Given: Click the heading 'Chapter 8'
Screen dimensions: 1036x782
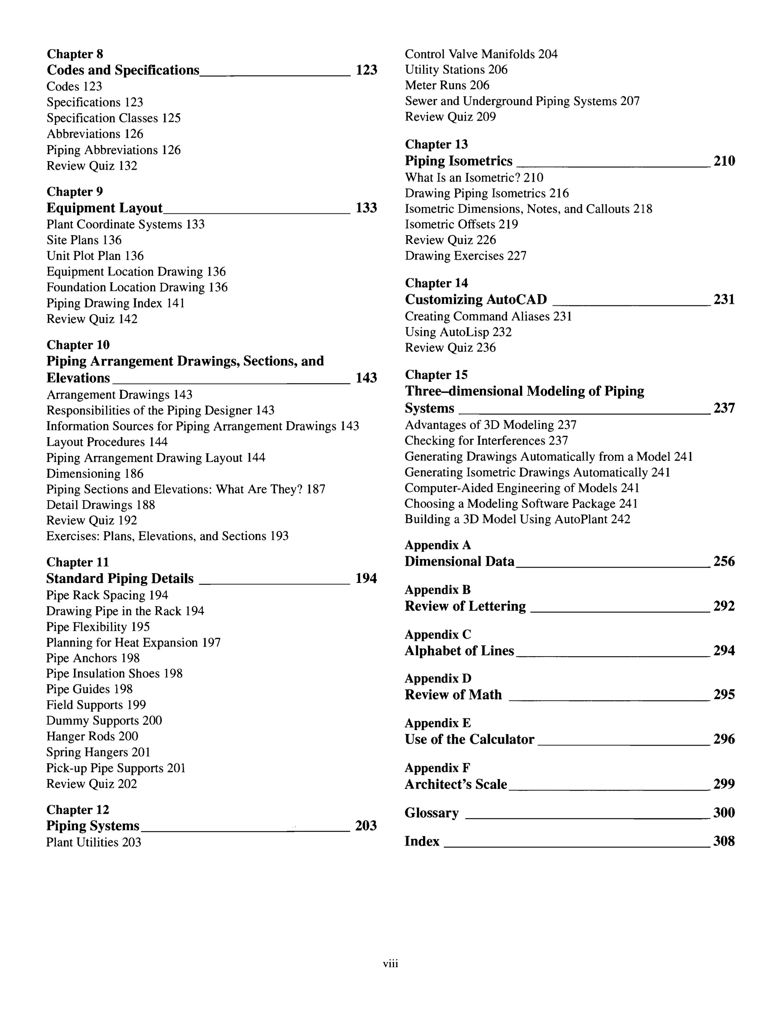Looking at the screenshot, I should [x=75, y=54].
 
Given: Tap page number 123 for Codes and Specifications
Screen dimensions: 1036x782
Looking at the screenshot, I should [x=367, y=70].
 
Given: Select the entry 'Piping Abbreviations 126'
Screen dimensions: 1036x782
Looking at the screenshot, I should [x=113, y=150].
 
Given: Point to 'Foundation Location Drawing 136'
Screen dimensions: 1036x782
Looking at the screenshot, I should [x=137, y=287].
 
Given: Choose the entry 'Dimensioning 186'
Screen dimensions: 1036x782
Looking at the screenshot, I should [x=95, y=473].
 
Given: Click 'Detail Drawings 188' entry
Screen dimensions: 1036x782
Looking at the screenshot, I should [x=100, y=505].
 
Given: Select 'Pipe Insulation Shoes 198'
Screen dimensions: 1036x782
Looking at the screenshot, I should [x=114, y=673].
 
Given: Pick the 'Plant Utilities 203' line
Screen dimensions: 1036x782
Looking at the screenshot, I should [x=94, y=842].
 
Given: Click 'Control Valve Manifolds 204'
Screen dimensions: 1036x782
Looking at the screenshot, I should [x=481, y=54].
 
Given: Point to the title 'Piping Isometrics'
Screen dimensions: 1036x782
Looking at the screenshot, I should [x=458, y=161].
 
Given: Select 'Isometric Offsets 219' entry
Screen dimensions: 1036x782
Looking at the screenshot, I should [x=461, y=224].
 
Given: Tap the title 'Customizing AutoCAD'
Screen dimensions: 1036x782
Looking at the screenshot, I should [x=475, y=300].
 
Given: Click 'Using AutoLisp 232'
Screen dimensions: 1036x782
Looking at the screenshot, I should [x=458, y=332].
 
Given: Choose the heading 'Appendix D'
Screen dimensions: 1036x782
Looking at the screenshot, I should [x=438, y=679].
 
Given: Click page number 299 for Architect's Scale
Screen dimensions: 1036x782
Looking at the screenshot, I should [x=724, y=784].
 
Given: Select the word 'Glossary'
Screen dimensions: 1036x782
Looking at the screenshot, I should [x=431, y=813].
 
